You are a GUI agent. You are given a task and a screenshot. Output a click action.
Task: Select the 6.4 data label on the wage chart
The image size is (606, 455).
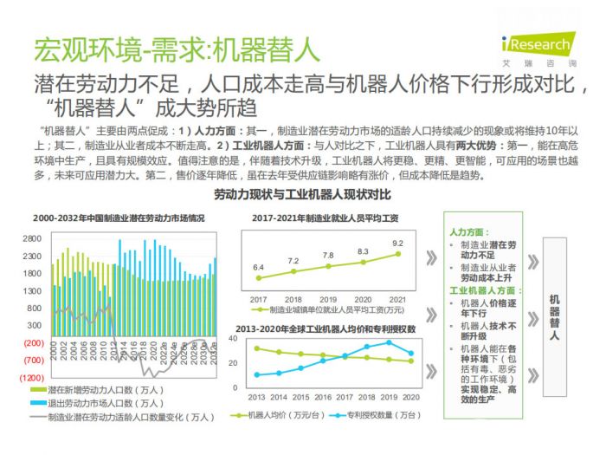258,268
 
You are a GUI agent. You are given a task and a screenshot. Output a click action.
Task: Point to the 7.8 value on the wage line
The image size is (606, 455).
328,256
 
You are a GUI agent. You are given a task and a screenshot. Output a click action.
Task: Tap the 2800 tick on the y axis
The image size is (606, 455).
32,238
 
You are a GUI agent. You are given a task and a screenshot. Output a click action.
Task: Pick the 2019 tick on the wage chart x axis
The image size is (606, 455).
328,298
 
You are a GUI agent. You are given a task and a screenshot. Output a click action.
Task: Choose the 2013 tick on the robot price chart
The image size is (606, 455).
257,396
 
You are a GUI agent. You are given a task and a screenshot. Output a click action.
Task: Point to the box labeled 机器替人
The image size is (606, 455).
554,316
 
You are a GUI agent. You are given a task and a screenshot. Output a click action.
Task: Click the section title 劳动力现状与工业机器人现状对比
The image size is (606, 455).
302,195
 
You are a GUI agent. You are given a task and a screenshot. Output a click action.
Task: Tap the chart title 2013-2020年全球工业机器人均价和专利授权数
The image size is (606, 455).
325,329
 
